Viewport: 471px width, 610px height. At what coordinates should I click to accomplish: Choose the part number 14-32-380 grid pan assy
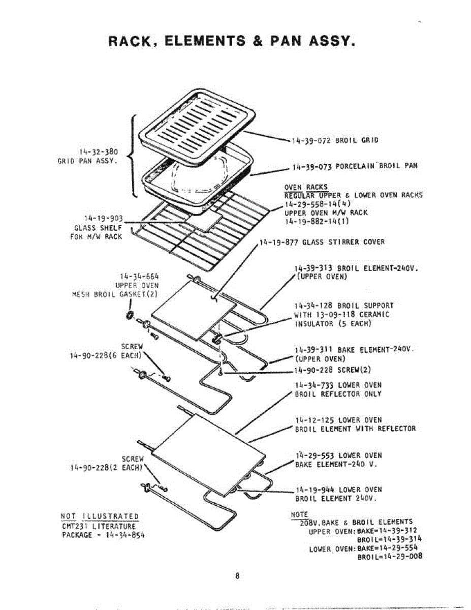click(x=99, y=151)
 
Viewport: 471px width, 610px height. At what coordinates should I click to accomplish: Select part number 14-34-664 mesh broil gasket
click(x=138, y=277)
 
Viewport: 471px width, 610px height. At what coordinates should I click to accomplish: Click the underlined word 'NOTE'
click(x=299, y=514)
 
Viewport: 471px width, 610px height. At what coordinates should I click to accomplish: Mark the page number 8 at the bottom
click(x=237, y=576)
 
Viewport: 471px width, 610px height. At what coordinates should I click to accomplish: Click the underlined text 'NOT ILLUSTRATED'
click(x=100, y=517)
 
